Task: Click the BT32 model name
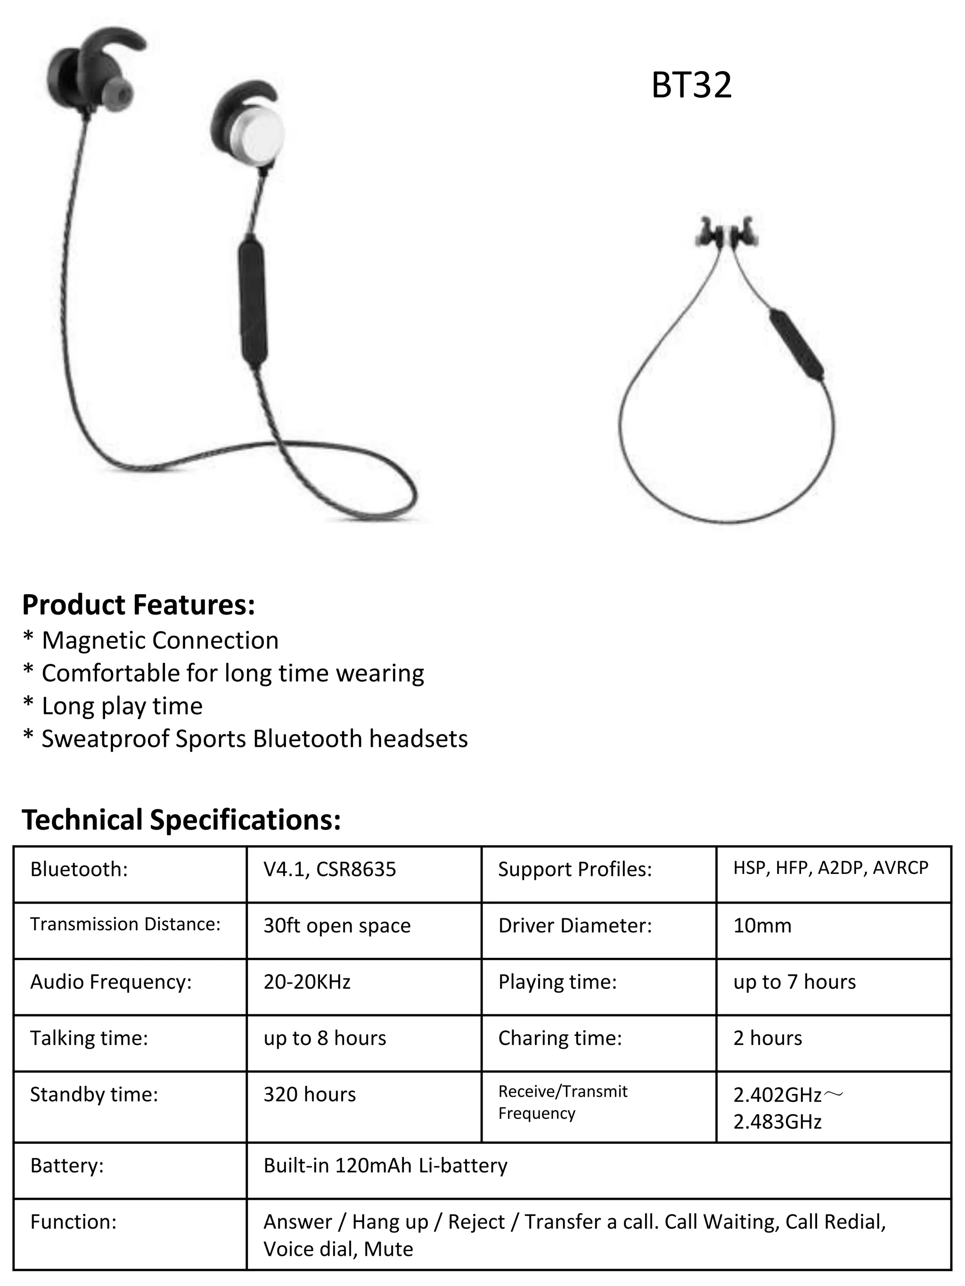(x=691, y=85)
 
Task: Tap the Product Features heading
(x=139, y=605)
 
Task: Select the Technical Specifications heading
(x=181, y=820)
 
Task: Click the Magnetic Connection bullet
(x=160, y=640)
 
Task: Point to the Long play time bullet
(x=122, y=706)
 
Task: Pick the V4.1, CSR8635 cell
(x=329, y=869)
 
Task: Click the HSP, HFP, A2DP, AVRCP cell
(x=830, y=867)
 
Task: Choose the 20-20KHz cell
(x=307, y=981)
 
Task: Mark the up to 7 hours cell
(x=794, y=981)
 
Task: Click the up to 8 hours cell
(x=325, y=1038)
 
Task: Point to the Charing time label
(x=560, y=1038)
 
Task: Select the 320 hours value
(x=310, y=1094)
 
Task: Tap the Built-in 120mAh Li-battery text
(x=385, y=1165)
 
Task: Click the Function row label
(x=74, y=1221)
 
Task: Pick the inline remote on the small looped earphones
(x=796, y=345)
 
